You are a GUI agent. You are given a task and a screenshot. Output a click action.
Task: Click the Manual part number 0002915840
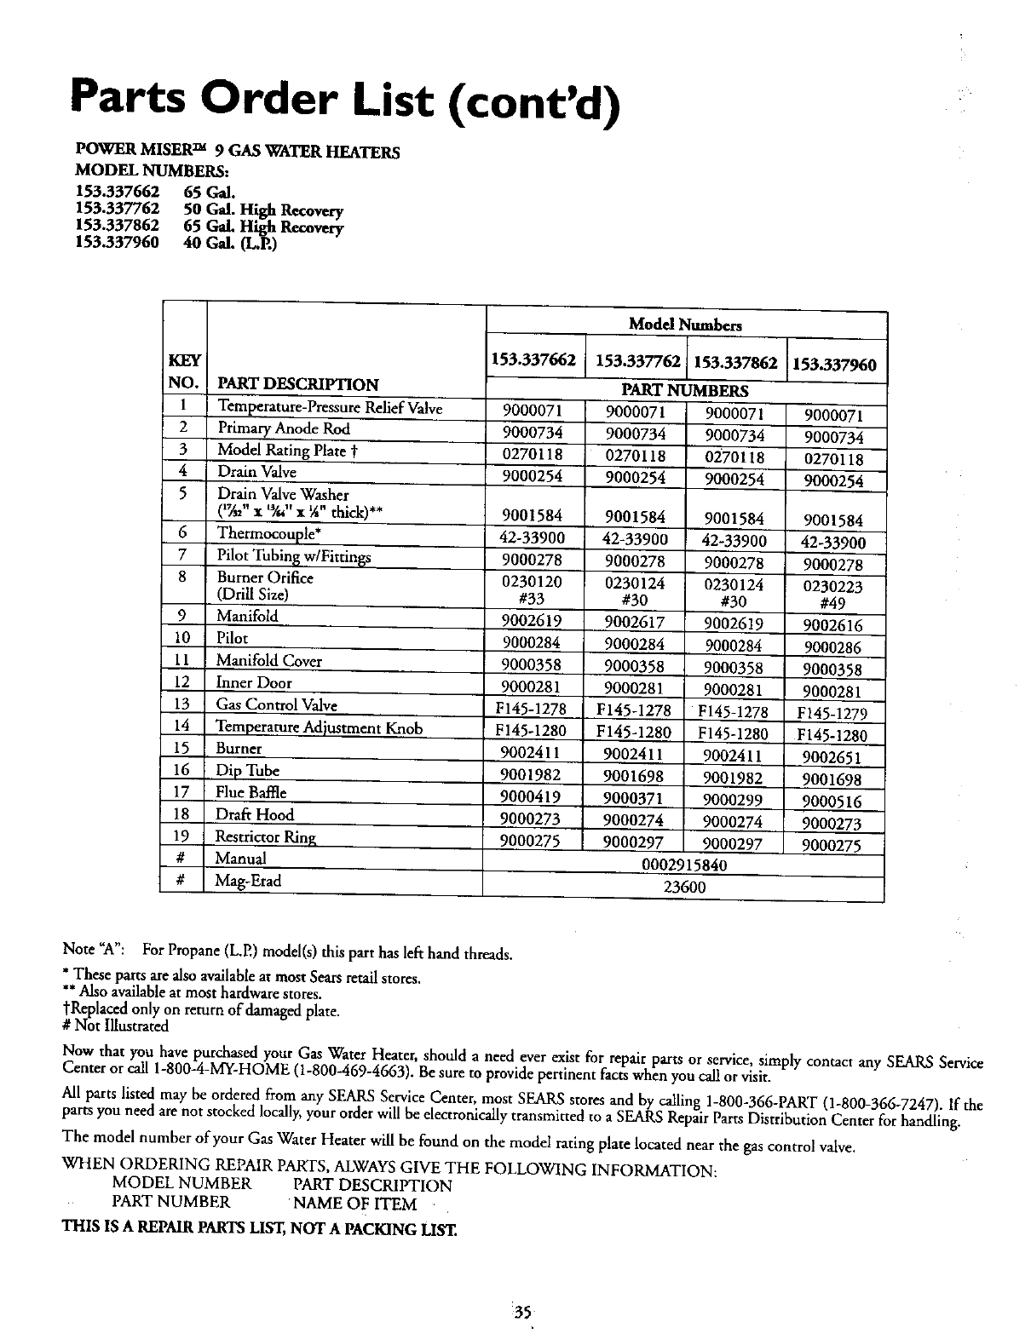(683, 865)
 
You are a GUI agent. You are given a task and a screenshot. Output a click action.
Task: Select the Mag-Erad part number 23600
(683, 888)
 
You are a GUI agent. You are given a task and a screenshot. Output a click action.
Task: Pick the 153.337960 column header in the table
(834, 365)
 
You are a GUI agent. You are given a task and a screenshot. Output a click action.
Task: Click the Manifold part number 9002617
(634, 623)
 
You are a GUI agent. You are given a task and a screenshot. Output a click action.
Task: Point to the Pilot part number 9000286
(832, 647)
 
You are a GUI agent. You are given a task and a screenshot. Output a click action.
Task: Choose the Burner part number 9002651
(832, 757)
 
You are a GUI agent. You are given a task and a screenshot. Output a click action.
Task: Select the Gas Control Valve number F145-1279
(832, 713)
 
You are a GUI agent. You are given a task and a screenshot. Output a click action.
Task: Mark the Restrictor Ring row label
(266, 836)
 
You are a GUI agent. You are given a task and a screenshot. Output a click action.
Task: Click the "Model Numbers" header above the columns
(685, 325)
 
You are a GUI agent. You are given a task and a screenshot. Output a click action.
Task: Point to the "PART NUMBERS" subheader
(685, 391)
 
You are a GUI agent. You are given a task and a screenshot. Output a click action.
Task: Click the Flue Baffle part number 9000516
(832, 801)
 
